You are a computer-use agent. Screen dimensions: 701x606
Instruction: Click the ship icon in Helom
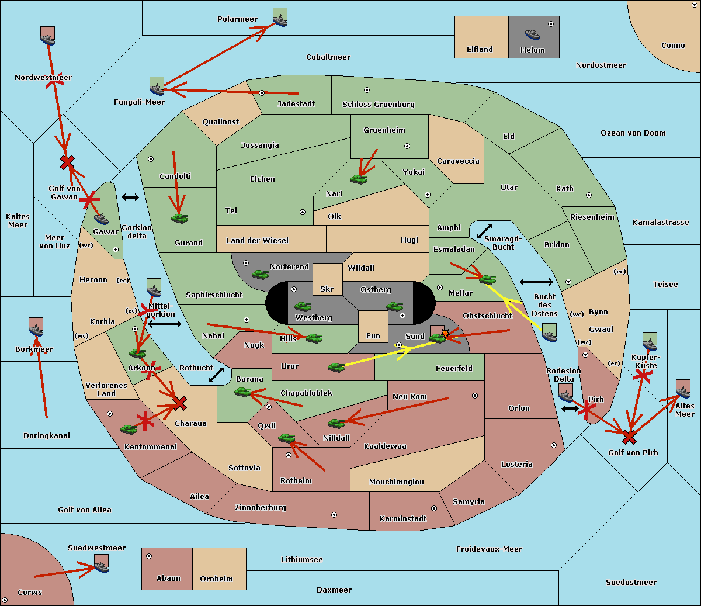[532, 34]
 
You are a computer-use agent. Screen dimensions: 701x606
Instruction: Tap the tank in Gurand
[180, 218]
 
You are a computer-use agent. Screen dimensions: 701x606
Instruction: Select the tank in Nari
[359, 179]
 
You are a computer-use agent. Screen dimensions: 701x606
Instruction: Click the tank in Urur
[336, 367]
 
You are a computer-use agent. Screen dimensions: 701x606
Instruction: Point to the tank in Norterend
[260, 274]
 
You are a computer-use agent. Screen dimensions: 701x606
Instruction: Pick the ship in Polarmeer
[280, 18]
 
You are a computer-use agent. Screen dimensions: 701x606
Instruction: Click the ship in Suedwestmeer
[102, 563]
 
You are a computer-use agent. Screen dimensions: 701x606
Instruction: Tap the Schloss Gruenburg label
[379, 104]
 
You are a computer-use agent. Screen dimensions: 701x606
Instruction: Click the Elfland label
[480, 50]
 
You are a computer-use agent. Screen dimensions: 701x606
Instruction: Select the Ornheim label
[216, 579]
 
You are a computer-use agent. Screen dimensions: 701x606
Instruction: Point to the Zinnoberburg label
[261, 508]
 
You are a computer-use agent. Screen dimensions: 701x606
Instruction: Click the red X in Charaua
[179, 403]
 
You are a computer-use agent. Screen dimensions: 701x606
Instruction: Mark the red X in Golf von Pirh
[629, 437]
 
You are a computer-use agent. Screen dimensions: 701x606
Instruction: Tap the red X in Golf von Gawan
[67, 162]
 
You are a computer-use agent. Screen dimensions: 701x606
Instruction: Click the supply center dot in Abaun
[149, 556]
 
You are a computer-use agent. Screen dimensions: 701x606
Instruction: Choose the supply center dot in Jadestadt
[262, 93]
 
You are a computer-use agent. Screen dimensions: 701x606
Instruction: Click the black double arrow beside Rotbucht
[216, 375]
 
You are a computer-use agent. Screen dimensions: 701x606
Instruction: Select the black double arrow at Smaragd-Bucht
[484, 231]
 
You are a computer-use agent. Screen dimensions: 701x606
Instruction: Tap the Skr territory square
[327, 279]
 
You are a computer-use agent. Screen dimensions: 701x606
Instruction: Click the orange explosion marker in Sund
[445, 334]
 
